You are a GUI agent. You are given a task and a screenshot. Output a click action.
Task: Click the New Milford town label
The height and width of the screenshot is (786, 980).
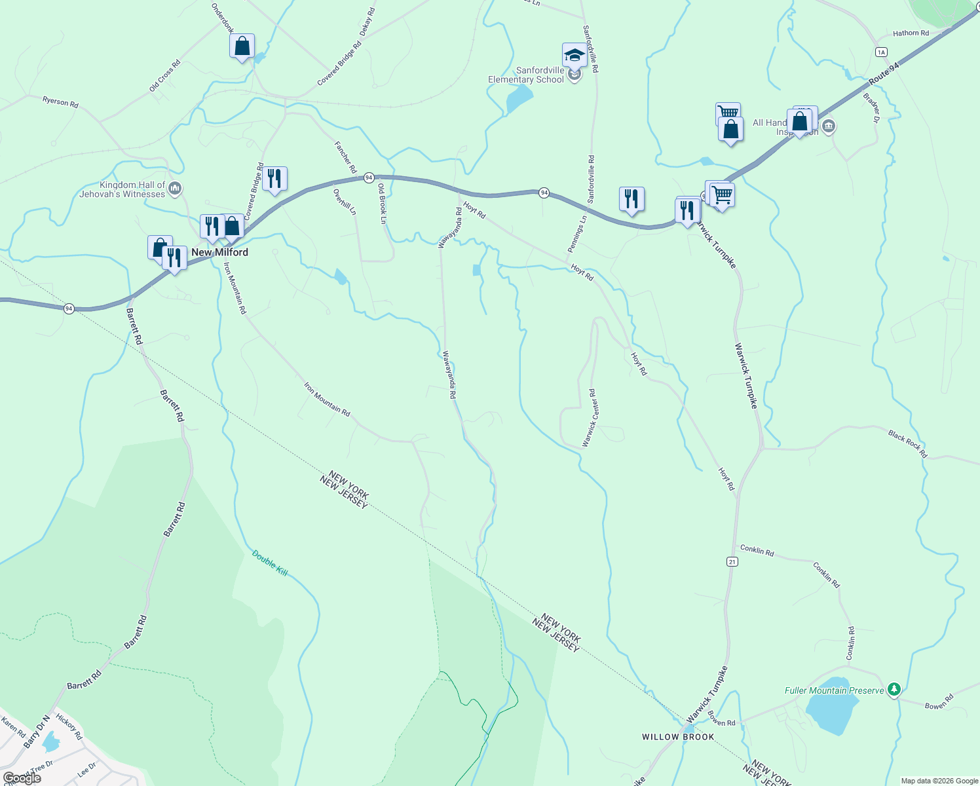pyautogui.click(x=219, y=252)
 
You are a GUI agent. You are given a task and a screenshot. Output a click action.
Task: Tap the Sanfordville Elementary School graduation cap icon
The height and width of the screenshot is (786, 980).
pyautogui.click(x=574, y=56)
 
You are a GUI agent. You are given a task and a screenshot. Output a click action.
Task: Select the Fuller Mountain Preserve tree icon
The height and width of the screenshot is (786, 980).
pyautogui.click(x=894, y=690)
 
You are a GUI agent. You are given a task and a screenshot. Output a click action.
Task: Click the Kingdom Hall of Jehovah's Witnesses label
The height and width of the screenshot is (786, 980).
pyautogui.click(x=122, y=189)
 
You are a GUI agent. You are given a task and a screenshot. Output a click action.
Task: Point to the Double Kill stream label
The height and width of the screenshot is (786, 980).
pyautogui.click(x=270, y=563)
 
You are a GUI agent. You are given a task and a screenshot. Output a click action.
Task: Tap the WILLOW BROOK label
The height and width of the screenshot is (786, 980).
pyautogui.click(x=678, y=737)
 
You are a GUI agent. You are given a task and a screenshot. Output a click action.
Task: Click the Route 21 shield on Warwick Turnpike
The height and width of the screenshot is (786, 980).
pyautogui.click(x=732, y=561)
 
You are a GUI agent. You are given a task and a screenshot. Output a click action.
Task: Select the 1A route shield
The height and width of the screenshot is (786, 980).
pyautogui.click(x=881, y=52)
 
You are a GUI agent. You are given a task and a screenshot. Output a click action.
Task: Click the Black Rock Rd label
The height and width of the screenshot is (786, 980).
pyautogui.click(x=908, y=443)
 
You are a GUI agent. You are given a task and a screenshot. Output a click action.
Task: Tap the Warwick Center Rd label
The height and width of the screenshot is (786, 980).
pyautogui.click(x=590, y=418)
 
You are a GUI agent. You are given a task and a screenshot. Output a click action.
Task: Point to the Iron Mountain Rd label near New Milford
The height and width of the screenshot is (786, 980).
pyautogui.click(x=235, y=288)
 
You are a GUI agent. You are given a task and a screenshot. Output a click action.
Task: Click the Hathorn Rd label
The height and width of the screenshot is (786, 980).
pyautogui.click(x=911, y=33)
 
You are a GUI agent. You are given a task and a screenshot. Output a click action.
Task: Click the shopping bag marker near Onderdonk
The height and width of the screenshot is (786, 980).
pyautogui.click(x=242, y=47)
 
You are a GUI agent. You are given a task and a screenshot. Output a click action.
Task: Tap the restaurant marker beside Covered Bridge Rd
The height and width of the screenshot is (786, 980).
pyautogui.click(x=274, y=179)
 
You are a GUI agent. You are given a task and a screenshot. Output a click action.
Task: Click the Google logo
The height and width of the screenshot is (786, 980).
pyautogui.click(x=22, y=777)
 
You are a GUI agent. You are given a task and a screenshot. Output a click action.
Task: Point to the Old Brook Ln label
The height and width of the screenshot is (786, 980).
pyautogui.click(x=382, y=204)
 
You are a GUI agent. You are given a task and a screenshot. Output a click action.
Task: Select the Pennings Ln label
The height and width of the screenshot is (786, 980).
pyautogui.click(x=576, y=234)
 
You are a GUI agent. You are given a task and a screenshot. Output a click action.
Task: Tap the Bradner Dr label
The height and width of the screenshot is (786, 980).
pyautogui.click(x=872, y=108)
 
